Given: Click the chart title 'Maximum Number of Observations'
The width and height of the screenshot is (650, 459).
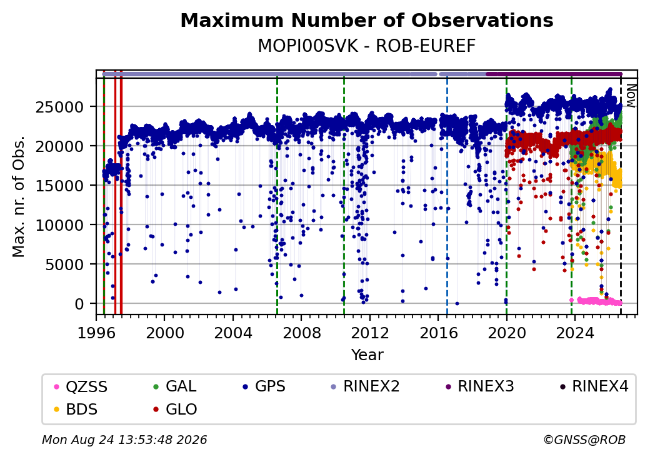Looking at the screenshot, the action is (367, 20).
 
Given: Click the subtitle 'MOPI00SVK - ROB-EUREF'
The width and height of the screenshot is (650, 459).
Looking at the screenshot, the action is (367, 46).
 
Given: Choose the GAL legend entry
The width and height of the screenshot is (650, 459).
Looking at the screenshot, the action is (174, 386).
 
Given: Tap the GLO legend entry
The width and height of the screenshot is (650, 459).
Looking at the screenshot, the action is (175, 410).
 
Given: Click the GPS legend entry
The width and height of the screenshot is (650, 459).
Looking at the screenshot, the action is (264, 386).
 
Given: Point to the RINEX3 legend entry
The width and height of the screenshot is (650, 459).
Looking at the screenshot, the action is (479, 386).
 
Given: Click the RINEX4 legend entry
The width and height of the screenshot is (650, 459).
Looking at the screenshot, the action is (594, 386).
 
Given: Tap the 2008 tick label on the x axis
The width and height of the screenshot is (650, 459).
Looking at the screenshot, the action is (301, 333).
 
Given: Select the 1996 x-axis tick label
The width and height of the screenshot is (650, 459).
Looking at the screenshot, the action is (97, 333).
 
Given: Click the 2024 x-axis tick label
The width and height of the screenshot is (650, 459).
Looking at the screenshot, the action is (574, 333).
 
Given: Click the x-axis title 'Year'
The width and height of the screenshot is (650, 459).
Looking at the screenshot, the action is (367, 355).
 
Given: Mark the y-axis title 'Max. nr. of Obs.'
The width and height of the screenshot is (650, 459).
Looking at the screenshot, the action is (19, 196).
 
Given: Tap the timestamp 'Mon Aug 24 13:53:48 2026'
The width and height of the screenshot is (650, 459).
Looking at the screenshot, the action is (124, 440).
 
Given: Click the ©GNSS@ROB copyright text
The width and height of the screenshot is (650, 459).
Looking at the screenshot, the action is (584, 440).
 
